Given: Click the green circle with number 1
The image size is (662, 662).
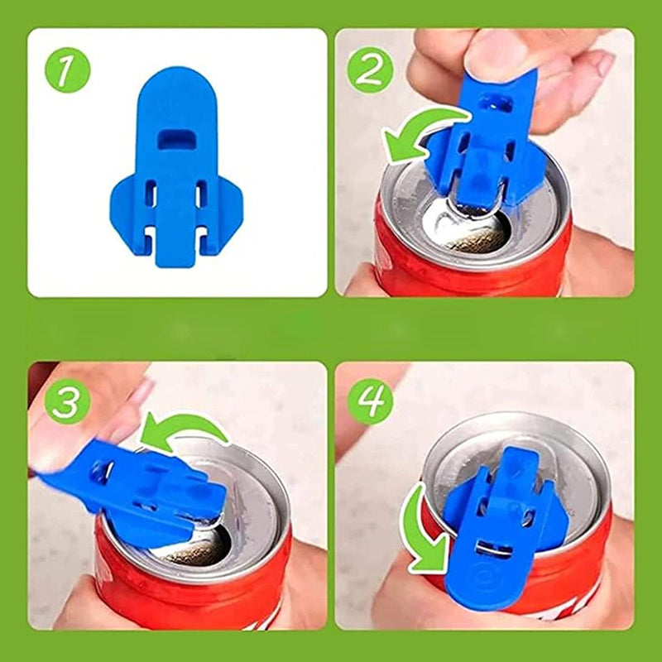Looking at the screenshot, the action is tap(68, 70).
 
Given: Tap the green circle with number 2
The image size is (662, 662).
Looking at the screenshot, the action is tap(370, 70).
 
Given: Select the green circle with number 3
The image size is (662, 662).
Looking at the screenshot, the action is tap(68, 401).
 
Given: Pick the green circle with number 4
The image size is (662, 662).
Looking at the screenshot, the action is tap(370, 401).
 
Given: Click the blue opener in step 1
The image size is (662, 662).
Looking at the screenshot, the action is tap(176, 167).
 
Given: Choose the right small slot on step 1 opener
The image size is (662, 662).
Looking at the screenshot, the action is tap(201, 194).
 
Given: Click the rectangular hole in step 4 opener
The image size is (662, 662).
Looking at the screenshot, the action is tap(493, 548).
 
